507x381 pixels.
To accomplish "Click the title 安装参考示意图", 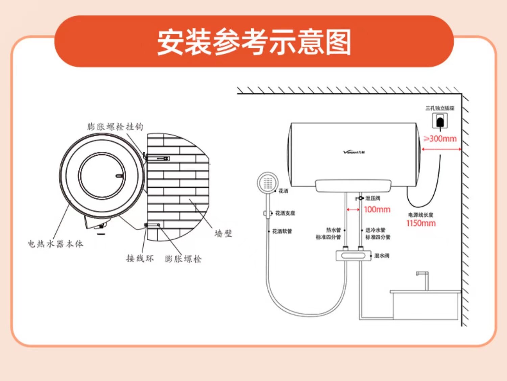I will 254,42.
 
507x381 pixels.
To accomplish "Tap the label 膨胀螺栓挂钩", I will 115,127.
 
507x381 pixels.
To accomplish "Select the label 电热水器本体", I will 55,244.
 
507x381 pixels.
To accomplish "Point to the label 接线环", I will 140,259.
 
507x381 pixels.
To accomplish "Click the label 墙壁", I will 223,233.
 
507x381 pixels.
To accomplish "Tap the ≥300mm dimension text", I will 440,139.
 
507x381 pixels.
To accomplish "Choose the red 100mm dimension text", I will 377,210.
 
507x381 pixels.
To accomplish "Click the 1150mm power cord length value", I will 421,223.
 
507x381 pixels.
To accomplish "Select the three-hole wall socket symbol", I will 440,121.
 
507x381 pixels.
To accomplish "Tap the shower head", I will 267,183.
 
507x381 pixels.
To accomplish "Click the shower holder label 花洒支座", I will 285,213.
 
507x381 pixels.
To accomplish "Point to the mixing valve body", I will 352,255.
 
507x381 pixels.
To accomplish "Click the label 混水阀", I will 382,256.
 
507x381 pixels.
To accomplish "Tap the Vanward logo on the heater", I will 354,152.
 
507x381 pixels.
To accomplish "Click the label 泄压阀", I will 372,198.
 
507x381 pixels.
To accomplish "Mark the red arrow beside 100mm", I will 353,210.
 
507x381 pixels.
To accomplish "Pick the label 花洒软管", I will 282,231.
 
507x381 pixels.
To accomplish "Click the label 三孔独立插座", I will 440,108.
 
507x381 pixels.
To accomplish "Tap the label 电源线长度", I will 420,215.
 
